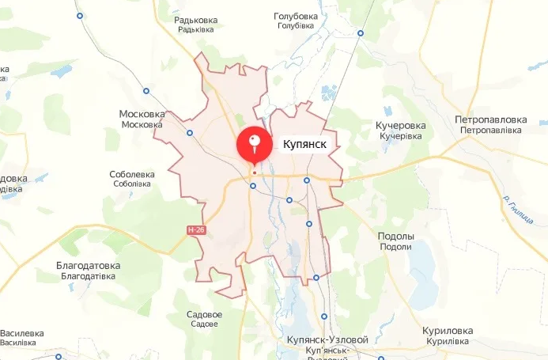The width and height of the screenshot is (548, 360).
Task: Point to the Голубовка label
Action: click(x=295, y=16)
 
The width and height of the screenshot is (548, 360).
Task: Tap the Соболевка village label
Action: click(x=132, y=174)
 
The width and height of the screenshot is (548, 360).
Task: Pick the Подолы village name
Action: click(x=396, y=237)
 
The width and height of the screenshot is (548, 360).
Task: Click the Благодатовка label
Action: click(x=88, y=266)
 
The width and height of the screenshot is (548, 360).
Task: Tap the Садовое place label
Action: click(x=204, y=315)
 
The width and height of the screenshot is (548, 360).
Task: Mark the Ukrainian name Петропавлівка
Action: click(x=490, y=130)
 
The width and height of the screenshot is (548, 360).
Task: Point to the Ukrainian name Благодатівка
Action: click(x=88, y=276)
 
